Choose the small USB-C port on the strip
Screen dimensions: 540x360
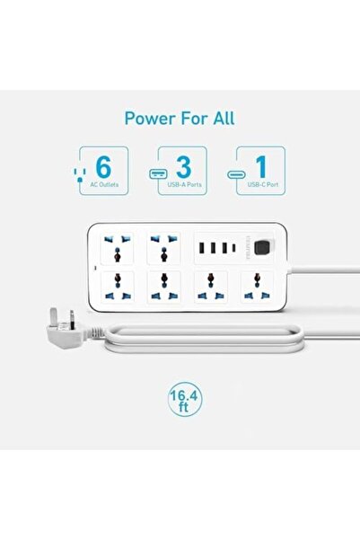233,247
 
